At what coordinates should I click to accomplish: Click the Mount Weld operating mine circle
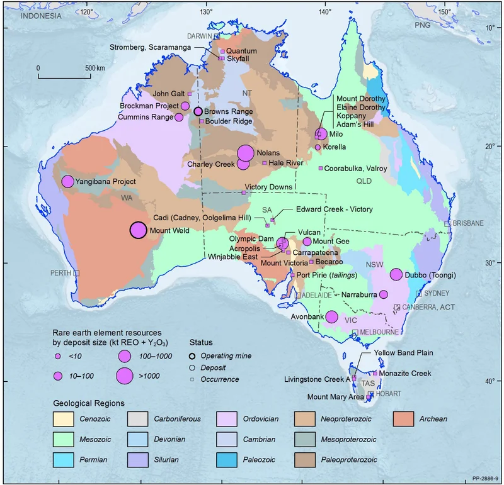[139, 230]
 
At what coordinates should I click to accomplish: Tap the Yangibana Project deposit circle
[67, 182]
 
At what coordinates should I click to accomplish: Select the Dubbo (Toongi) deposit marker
[396, 274]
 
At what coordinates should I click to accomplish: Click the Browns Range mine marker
[198, 111]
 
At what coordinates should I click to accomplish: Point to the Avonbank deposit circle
[331, 318]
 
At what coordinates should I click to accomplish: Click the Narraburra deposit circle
[383, 294]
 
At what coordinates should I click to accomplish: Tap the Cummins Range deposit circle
[179, 117]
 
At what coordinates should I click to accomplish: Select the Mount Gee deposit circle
[307, 242]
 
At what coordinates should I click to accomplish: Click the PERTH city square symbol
[77, 273]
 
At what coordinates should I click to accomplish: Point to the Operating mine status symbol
[196, 355]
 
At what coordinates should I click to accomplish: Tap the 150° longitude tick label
[444, 11]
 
